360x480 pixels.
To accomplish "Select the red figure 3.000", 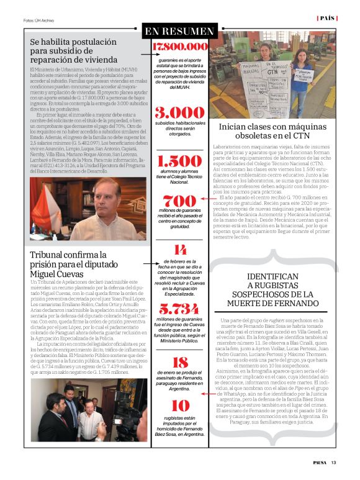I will pos(179,113).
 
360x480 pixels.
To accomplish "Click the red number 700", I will pos(179,201).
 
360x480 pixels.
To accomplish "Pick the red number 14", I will pos(179,250).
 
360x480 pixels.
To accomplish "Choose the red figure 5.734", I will pos(179,309).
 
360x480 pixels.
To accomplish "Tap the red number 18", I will pos(179,363).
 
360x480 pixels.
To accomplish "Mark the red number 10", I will pos(179,406).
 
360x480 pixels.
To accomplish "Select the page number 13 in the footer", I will pos(333,461).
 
